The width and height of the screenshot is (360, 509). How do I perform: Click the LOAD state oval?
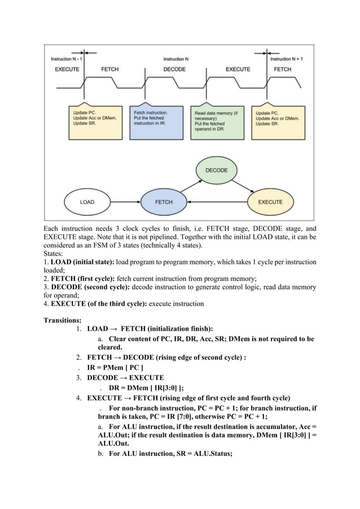click(x=87, y=201)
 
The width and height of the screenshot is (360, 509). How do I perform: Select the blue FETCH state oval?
click(x=164, y=201)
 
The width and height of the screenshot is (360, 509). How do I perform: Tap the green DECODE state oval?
click(x=216, y=169)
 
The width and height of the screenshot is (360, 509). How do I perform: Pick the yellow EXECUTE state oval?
click(x=270, y=201)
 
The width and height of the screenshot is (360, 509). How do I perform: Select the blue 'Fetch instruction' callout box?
click(x=156, y=121)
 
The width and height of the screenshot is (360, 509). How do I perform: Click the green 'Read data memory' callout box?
click(x=217, y=121)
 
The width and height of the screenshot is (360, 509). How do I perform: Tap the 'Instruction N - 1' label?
click(x=67, y=59)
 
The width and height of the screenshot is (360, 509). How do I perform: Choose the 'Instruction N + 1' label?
click(x=286, y=59)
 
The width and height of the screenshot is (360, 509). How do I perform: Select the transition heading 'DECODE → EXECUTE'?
click(x=125, y=378)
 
